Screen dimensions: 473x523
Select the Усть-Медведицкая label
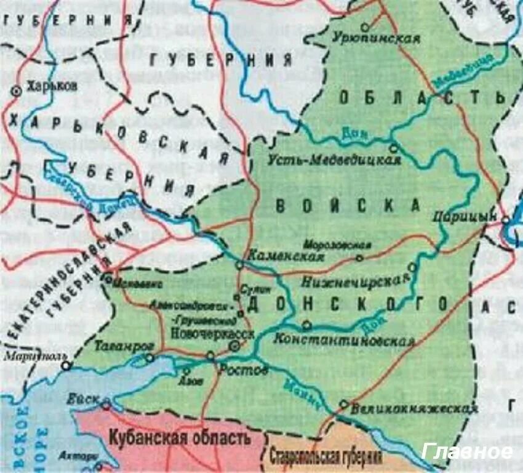click(335, 160)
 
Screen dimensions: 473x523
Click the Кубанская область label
click(180, 439)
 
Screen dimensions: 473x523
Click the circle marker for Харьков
click(17, 91)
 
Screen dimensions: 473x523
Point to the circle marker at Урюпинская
click(365, 27)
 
